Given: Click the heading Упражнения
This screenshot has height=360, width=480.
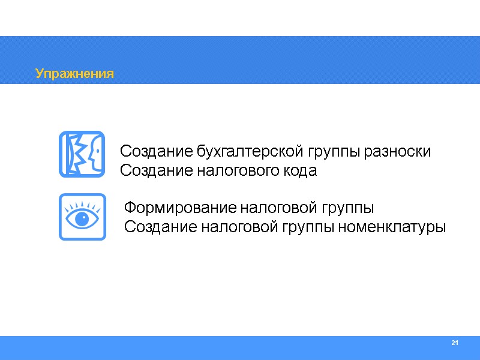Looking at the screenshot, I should coord(74,74).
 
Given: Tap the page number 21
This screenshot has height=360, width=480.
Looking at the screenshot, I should coord(454,343).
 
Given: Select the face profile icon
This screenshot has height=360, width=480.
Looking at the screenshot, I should coord(82,154).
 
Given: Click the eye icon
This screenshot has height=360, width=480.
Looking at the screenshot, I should coord(82,217).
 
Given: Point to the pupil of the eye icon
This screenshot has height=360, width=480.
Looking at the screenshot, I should coord(82,217).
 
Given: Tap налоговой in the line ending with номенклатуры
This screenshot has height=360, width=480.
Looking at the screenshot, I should coord(243,228).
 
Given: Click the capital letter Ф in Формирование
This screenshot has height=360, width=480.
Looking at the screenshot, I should coord(128,209).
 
